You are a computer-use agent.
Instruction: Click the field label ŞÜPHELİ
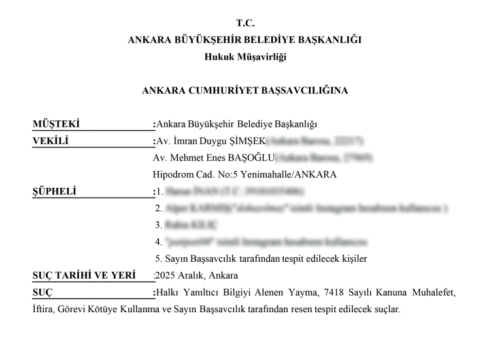point(54,192)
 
